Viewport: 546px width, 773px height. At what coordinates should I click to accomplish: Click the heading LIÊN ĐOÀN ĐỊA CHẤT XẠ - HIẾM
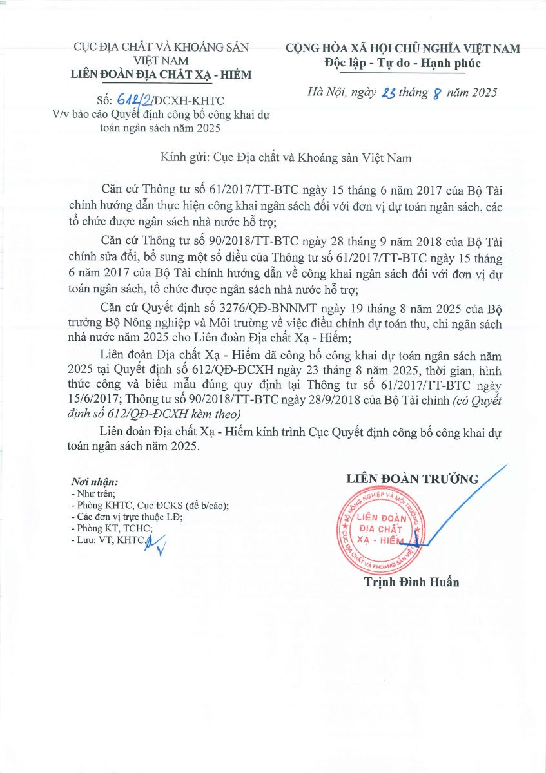[161, 75]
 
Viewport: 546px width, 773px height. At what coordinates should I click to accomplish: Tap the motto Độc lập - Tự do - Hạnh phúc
[403, 63]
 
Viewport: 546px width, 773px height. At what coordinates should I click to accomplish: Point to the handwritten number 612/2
[135, 99]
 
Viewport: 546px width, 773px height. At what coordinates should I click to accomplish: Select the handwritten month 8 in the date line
[440, 94]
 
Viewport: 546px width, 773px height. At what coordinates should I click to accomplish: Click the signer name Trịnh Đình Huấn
[411, 582]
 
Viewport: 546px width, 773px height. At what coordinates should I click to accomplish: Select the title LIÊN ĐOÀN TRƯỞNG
[412, 479]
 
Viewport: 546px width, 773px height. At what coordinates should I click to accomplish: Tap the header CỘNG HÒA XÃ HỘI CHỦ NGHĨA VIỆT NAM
[403, 48]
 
